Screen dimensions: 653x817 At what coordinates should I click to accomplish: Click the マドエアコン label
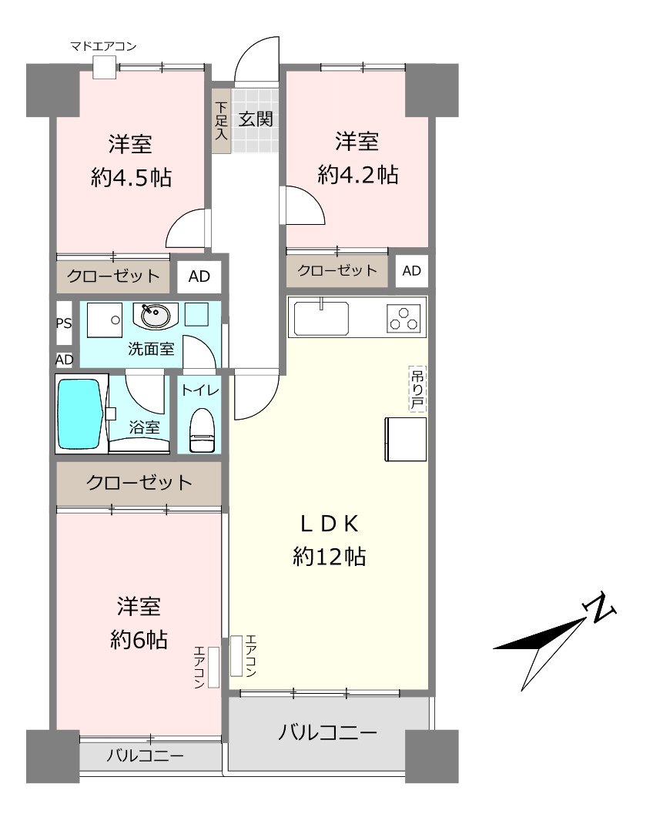click(x=103, y=46)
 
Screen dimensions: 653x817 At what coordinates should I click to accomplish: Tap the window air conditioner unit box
click(x=104, y=67)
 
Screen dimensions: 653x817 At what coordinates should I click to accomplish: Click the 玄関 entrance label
click(x=256, y=119)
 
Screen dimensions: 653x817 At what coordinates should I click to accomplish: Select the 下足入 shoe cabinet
click(x=222, y=121)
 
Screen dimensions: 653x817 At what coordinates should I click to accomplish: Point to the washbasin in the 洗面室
click(x=156, y=316)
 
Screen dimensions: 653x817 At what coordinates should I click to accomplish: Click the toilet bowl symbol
click(x=203, y=430)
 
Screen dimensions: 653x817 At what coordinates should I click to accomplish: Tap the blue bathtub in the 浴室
click(x=79, y=414)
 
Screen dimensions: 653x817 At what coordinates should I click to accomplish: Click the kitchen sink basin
click(x=322, y=318)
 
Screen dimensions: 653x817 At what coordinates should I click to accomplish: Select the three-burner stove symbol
click(x=404, y=318)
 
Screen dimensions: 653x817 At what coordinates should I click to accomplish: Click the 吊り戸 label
click(x=417, y=389)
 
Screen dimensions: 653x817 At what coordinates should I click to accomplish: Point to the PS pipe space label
click(x=64, y=323)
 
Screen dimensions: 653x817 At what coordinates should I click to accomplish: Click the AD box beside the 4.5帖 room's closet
click(x=199, y=276)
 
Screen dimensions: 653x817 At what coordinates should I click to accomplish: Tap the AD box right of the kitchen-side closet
click(x=412, y=271)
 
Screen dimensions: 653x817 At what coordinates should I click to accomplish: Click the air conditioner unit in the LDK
click(x=236, y=656)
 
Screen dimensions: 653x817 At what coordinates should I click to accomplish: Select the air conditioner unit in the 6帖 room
click(x=213, y=668)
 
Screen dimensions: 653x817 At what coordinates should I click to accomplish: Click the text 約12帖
click(x=330, y=557)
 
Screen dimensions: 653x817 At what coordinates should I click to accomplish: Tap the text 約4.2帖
click(x=358, y=175)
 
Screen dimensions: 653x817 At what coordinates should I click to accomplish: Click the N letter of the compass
click(x=600, y=608)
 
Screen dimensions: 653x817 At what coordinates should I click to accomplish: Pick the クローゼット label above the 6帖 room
click(x=139, y=483)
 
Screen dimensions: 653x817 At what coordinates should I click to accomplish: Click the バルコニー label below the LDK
click(x=327, y=733)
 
